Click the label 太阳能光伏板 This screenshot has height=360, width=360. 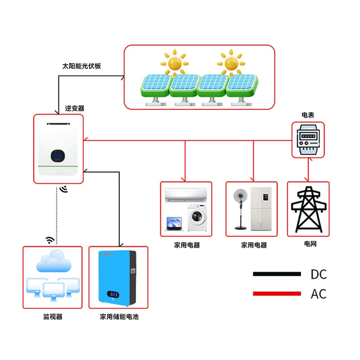pyautogui.click(x=81, y=66)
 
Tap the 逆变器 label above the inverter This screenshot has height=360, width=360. pyautogui.click(x=75, y=108)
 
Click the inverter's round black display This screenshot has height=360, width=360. pyautogui.click(x=58, y=156)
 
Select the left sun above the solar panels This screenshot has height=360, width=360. pyautogui.click(x=175, y=62)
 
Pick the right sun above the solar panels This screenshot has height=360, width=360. pyautogui.click(x=231, y=62)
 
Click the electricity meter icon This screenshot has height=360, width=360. pyautogui.click(x=308, y=140)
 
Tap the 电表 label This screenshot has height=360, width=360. pyautogui.click(x=308, y=115)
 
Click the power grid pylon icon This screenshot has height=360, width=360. pyautogui.click(x=309, y=209)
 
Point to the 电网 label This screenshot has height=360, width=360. pyautogui.click(x=310, y=243)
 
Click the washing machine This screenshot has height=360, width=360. pyautogui.click(x=197, y=217)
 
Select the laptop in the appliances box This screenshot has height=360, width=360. pyautogui.click(x=174, y=224)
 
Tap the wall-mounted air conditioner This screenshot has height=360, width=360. pyautogui.click(x=186, y=195)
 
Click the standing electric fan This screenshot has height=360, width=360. pyautogui.click(x=240, y=209)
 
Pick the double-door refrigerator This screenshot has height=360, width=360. pyautogui.click(x=261, y=209)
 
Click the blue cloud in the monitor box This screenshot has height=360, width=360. pyautogui.click(x=54, y=261)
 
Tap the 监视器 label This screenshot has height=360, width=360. pyautogui.click(x=53, y=317)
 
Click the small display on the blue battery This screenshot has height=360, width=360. pyautogui.click(x=113, y=294)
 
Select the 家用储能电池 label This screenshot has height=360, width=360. pyautogui.click(x=119, y=317)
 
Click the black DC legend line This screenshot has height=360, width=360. pyautogui.click(x=277, y=274)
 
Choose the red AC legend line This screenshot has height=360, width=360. pyautogui.click(x=277, y=293)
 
